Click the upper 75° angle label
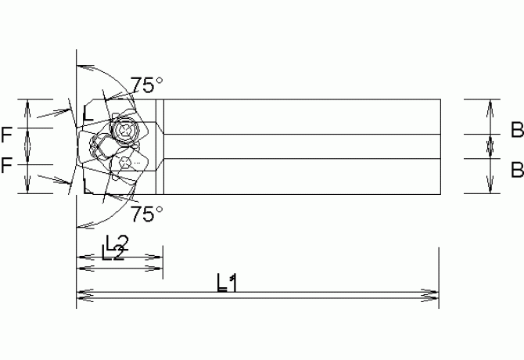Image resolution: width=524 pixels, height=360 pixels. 147,85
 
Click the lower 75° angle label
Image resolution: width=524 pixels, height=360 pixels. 147,213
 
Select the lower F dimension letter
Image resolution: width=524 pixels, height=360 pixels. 7,165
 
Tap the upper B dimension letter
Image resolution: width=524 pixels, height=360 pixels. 516,129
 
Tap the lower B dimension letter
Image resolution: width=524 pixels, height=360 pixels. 516,169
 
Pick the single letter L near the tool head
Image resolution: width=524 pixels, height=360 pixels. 88,114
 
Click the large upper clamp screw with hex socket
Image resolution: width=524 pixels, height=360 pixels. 125,129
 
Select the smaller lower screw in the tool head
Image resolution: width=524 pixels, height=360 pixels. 127,163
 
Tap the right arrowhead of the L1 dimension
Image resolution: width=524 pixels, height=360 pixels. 434,294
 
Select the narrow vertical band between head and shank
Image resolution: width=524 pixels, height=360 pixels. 160,147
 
